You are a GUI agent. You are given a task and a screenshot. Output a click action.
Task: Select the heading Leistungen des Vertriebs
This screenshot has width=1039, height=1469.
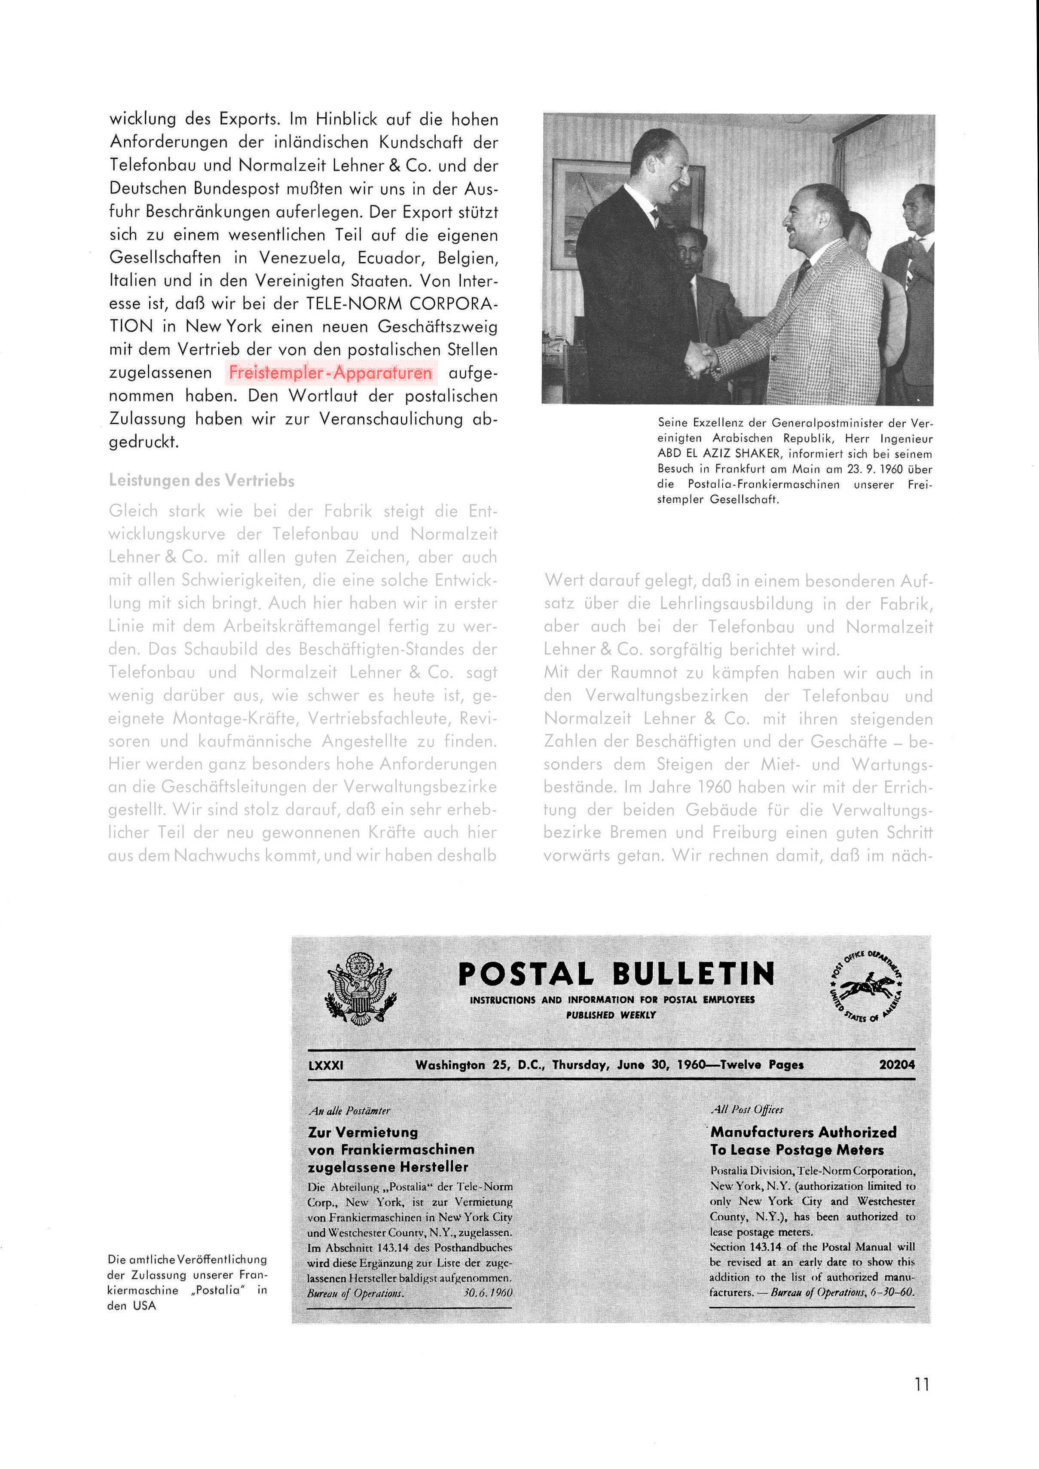pyautogui.click(x=202, y=480)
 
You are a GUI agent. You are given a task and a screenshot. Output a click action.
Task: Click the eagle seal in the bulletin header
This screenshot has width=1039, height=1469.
pyautogui.click(x=360, y=989)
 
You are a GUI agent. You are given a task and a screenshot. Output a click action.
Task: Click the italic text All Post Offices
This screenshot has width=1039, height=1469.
pyautogui.click(x=747, y=1109)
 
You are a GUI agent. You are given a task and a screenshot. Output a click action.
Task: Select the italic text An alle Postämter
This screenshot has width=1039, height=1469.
pyautogui.click(x=349, y=1111)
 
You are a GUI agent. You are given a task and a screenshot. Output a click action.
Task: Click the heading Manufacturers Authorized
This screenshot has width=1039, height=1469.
pyautogui.click(x=803, y=1132)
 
